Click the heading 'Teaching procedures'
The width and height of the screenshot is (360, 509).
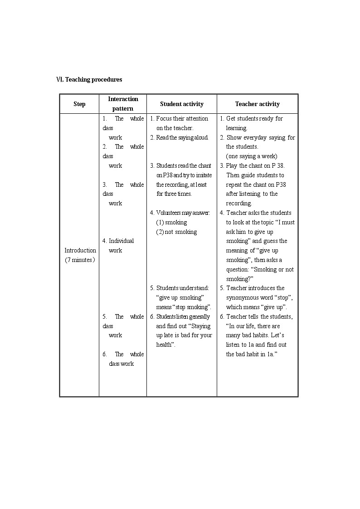93,79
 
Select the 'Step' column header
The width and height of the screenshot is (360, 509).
79,104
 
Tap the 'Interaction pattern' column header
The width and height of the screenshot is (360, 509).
123,104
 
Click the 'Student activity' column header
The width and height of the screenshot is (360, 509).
182,104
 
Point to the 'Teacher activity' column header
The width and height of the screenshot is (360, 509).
257,104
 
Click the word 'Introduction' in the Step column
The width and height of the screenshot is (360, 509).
80,250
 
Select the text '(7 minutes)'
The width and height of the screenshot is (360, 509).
80,260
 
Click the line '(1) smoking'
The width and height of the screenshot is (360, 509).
171,222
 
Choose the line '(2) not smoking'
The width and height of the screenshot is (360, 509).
176,232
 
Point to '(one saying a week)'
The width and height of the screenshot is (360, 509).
252,156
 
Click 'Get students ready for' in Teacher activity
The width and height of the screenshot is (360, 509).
254,118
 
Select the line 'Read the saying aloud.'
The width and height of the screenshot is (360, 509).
182,137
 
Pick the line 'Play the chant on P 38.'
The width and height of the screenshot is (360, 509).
255,165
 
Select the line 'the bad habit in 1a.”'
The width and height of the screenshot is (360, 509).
252,354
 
